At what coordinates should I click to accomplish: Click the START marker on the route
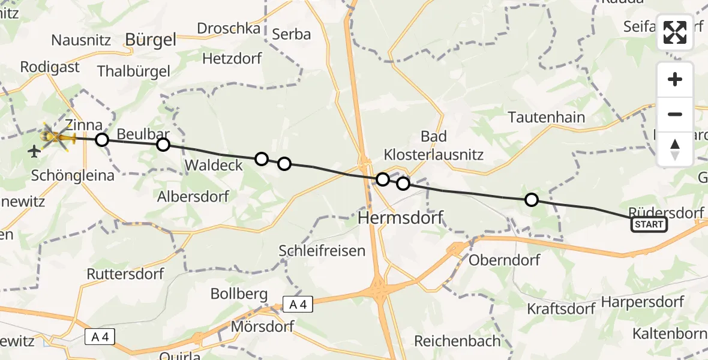[649, 224]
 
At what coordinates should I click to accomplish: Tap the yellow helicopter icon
[57, 138]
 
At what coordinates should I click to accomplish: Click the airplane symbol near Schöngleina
[35, 151]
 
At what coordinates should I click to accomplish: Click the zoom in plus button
[675, 80]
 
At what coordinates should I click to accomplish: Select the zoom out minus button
[675, 114]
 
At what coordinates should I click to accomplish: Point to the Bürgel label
[151, 40]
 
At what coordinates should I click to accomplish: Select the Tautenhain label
[546, 117]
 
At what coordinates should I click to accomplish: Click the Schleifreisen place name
[322, 251]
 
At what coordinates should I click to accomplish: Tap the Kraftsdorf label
[561, 309]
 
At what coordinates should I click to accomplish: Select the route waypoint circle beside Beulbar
[163, 145]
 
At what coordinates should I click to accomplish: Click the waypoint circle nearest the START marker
[531, 200]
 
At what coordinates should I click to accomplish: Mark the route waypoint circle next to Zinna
[102, 140]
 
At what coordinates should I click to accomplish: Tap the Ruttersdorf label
[125, 274]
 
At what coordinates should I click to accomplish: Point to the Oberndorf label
[504, 260]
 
